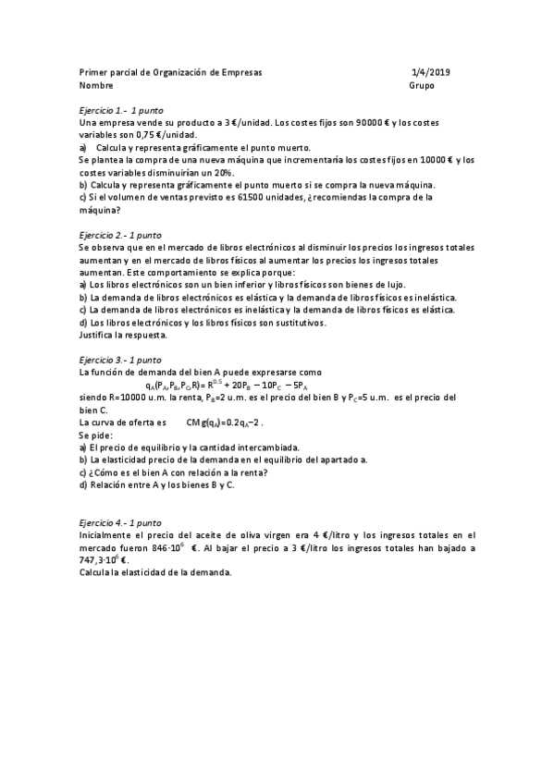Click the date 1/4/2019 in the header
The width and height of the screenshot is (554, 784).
(430, 71)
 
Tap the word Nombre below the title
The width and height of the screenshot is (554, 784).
(95, 85)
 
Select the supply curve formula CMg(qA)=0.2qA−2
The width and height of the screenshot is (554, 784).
(225, 422)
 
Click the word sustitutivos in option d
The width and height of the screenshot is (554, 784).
(302, 323)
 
